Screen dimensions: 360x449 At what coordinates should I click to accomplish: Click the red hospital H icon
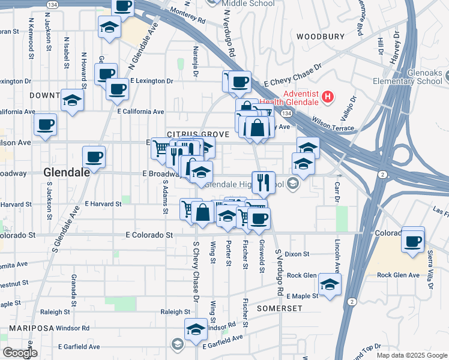(328, 96)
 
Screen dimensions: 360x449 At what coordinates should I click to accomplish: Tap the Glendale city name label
(67, 172)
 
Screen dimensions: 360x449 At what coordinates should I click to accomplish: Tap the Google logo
(20, 353)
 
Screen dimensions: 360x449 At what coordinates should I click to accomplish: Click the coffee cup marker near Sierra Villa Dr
(413, 241)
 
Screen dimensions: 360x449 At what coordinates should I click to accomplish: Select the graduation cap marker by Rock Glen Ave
(330, 286)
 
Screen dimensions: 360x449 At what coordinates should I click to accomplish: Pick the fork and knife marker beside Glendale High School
(263, 182)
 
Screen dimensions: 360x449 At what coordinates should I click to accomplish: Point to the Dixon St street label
(297, 254)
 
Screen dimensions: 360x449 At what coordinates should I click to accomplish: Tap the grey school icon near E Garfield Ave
(177, 344)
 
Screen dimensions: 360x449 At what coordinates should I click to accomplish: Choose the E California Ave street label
(141, 112)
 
